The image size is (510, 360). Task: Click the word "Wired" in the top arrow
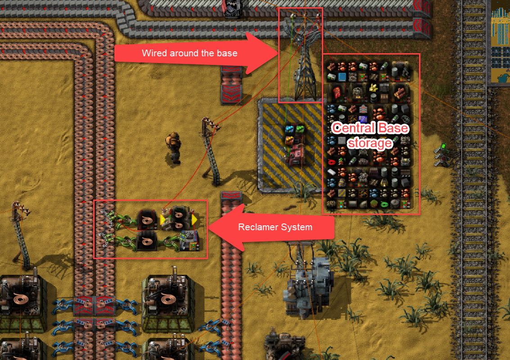tap(153, 53)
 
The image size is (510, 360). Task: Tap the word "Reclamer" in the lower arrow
tap(257, 227)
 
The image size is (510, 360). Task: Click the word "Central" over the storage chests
tap(351, 128)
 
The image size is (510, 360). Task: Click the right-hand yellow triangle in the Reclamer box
tap(194, 220)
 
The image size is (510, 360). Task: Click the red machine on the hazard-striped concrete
tap(295, 153)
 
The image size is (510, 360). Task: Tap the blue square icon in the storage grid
tap(342, 77)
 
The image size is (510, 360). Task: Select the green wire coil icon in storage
tap(384, 204)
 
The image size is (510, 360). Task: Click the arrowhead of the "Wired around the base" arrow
tap(266, 53)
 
